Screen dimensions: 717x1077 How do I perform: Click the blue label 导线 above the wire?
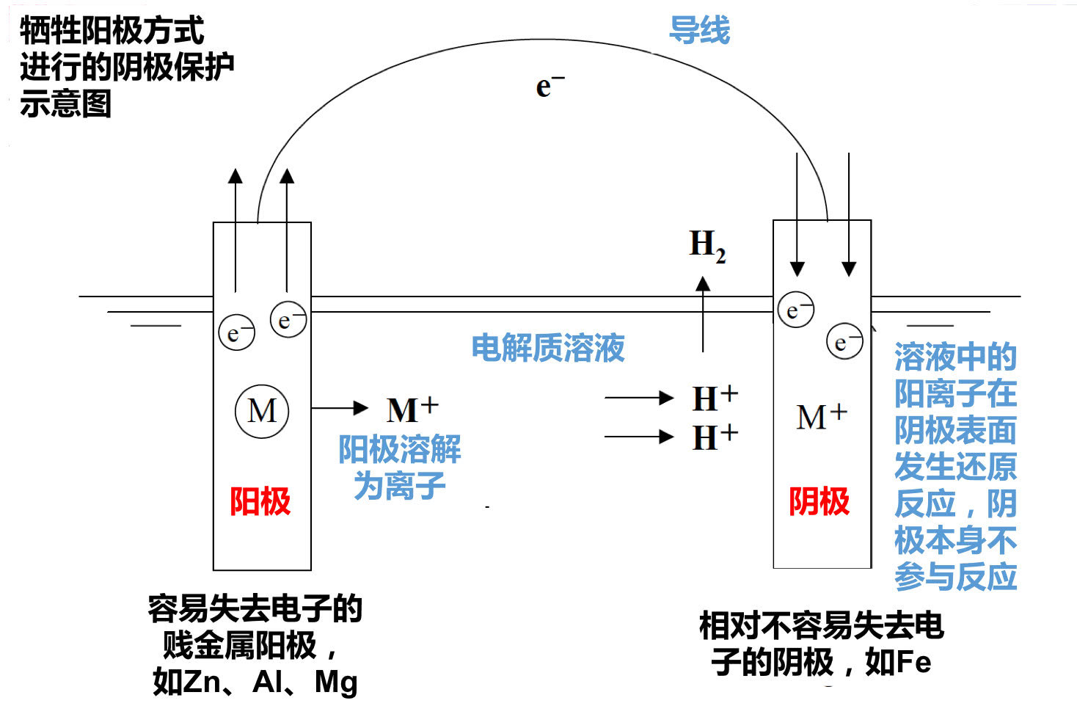click(x=699, y=31)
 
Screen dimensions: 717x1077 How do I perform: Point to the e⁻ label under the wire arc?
click(x=549, y=86)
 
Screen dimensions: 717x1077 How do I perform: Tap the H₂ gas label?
click(x=707, y=245)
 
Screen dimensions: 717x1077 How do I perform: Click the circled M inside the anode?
click(x=262, y=411)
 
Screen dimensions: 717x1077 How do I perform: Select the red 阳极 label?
click(x=260, y=502)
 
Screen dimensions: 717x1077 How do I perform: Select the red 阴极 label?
click(x=819, y=502)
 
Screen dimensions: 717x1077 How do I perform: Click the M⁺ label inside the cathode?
click(x=821, y=417)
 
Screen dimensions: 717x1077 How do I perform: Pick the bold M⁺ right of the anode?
click(x=412, y=409)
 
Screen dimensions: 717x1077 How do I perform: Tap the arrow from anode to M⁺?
click(x=339, y=408)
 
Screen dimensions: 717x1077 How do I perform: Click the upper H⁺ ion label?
click(x=715, y=398)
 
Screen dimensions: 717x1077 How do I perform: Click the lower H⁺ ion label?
click(x=715, y=437)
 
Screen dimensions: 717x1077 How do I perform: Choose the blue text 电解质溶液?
click(x=547, y=348)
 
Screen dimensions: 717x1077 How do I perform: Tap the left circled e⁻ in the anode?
click(x=236, y=333)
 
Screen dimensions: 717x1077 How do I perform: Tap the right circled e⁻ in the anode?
click(x=288, y=319)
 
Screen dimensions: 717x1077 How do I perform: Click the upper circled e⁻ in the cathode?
click(x=796, y=310)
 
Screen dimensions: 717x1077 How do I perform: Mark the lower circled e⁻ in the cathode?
click(x=844, y=341)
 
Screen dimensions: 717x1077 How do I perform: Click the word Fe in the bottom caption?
click(x=913, y=663)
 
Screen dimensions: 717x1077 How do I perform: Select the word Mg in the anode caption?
click(x=336, y=682)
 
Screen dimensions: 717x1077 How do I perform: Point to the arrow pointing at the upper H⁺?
click(x=638, y=398)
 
